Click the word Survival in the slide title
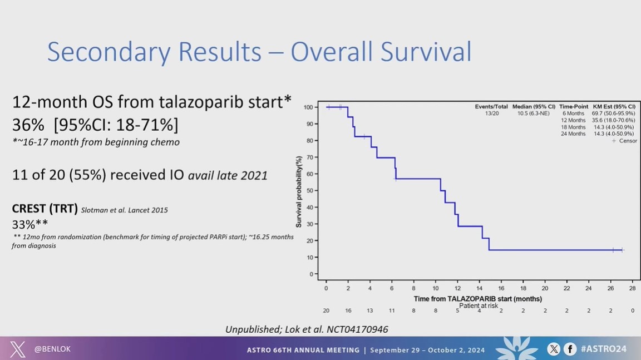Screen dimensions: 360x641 [x=426, y=52]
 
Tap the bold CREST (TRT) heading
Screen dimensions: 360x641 [x=45, y=209]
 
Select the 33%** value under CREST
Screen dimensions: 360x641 [x=29, y=224]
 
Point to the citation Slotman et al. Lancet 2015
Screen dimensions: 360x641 [x=125, y=210]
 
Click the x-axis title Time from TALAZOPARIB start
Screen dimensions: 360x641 [x=477, y=299]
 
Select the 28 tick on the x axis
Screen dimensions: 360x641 [x=633, y=288]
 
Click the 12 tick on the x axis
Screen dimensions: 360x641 [x=457, y=288]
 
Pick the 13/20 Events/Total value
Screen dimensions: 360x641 [x=491, y=114]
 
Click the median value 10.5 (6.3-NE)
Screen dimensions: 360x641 [x=533, y=114]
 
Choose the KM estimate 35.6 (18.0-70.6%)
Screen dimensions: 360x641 [x=613, y=120]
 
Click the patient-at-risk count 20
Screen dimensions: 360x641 [x=326, y=311]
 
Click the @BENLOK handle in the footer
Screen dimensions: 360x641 [x=52, y=349]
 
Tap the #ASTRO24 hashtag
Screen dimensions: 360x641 [x=604, y=349]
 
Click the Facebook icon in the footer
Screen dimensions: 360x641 [x=570, y=349]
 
